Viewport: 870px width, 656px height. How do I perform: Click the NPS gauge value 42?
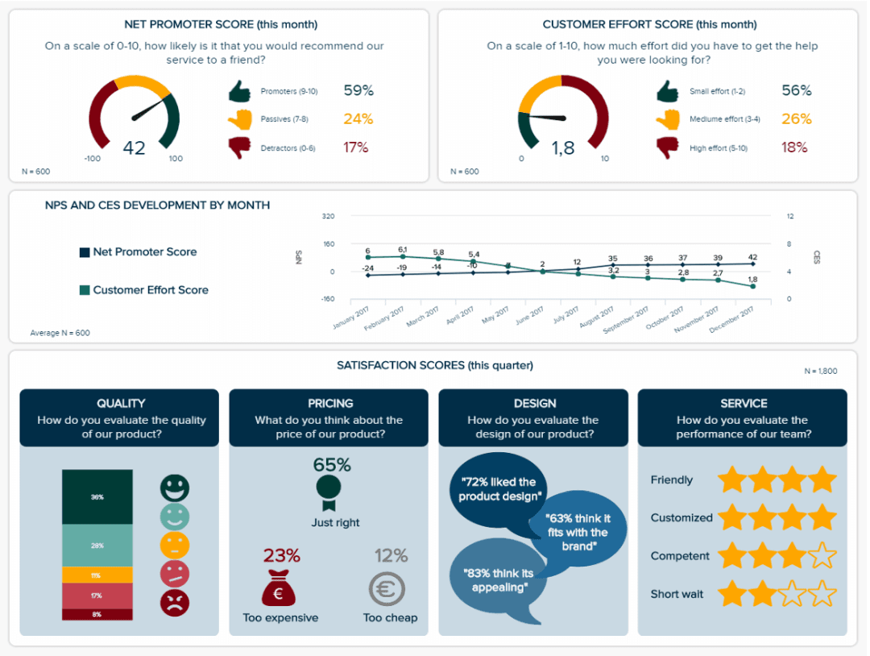click(x=134, y=148)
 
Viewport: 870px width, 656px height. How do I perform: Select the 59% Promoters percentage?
click(x=358, y=90)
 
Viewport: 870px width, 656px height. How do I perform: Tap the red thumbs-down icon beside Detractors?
click(x=239, y=147)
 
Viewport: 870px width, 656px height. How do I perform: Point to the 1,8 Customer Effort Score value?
click(x=563, y=148)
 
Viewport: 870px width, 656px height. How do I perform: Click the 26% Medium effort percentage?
click(x=796, y=119)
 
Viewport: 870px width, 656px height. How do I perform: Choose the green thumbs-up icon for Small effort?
click(x=668, y=90)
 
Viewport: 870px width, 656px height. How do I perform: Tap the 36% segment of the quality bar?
click(x=97, y=497)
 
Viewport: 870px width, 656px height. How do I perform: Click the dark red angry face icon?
click(x=175, y=603)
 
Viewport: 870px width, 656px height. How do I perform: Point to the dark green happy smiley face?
click(x=175, y=488)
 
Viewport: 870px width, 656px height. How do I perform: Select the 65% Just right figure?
click(x=332, y=465)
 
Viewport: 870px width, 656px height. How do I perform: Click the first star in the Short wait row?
click(x=733, y=594)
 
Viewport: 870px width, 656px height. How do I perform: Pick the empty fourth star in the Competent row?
click(x=822, y=556)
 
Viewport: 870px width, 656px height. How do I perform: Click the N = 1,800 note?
click(x=821, y=371)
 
